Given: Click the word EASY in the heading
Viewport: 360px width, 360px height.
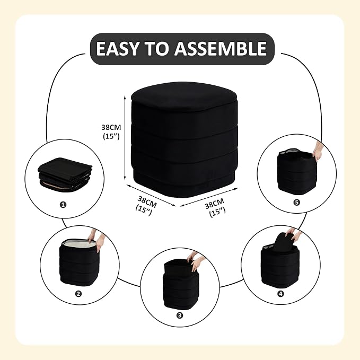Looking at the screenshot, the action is [117, 49].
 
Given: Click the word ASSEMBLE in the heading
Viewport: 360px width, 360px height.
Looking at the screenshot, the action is [221, 49].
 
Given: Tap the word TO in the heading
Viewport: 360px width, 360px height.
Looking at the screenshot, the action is [156, 49].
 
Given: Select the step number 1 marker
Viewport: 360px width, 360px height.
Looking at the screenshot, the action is [63, 204].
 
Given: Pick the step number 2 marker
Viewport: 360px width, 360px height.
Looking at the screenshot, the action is [78, 294].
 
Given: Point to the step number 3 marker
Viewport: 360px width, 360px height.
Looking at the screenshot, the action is [180, 315].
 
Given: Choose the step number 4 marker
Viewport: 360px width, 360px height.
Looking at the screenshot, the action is [280, 294].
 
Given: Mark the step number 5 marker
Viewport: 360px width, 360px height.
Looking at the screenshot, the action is [296, 203].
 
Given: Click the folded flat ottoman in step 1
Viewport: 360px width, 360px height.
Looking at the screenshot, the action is [65, 173].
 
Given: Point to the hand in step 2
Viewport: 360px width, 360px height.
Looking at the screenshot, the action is [96, 240].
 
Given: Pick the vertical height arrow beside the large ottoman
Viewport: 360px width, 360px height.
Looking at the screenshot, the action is [125, 138].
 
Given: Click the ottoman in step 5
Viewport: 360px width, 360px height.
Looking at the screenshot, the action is [296, 171].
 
